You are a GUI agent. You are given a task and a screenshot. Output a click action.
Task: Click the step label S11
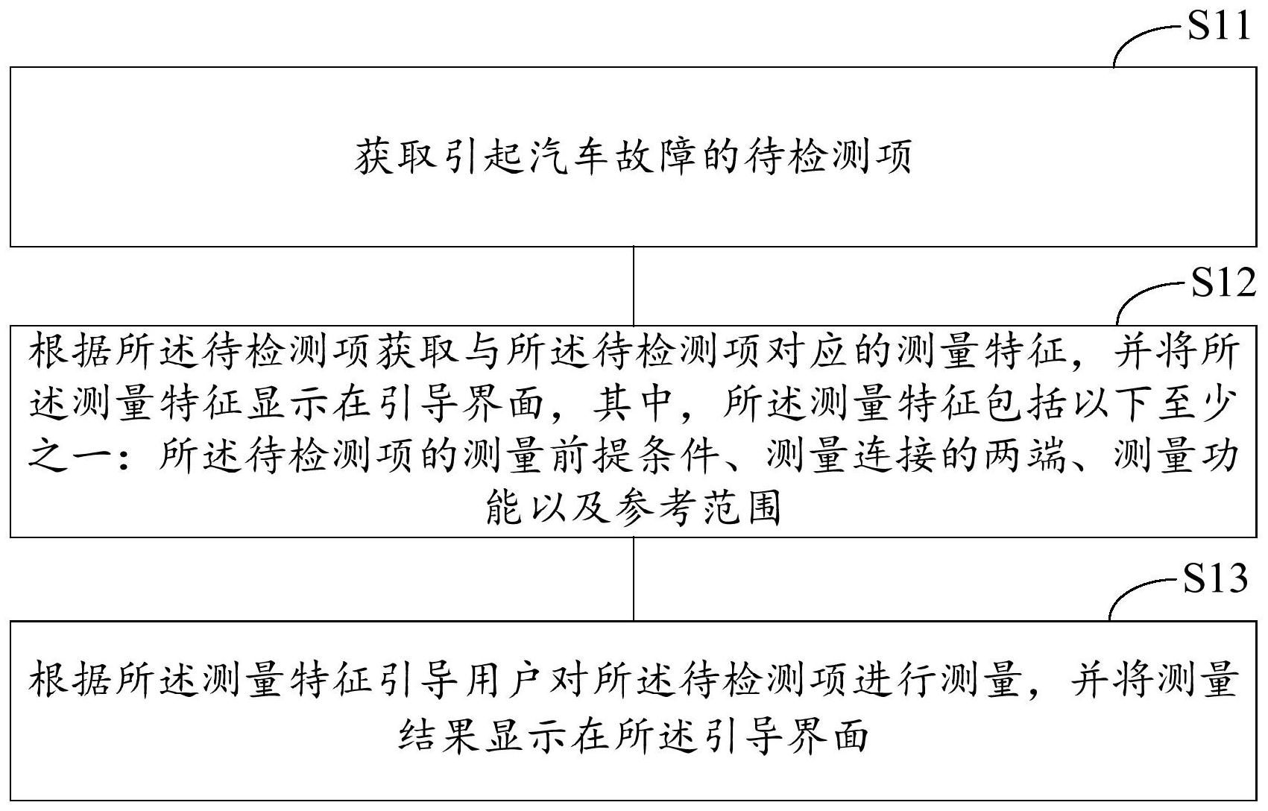coord(1217,27)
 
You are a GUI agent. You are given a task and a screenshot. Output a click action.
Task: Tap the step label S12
coord(1223,283)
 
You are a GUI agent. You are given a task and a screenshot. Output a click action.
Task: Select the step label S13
coord(1215,578)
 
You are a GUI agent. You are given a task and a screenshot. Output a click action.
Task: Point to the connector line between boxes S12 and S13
coord(634,578)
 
